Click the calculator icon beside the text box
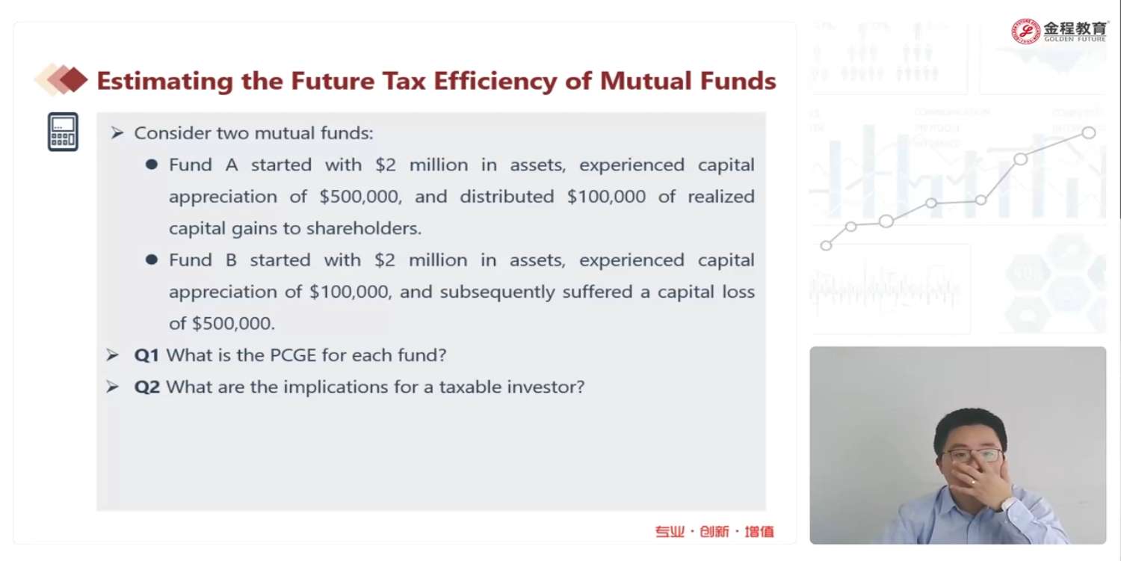(x=63, y=132)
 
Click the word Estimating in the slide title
(x=164, y=81)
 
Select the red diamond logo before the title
(x=61, y=79)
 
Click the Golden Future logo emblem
(x=1025, y=31)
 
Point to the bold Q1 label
(x=146, y=355)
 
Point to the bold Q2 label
(x=146, y=387)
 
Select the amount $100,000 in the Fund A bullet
(x=606, y=197)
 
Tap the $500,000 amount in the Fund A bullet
(x=360, y=197)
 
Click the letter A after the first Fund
(x=231, y=165)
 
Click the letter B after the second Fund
(x=231, y=260)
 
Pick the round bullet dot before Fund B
(x=152, y=260)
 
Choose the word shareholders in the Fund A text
(x=364, y=228)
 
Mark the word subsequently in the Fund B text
(x=497, y=292)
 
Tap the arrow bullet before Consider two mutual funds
(x=117, y=132)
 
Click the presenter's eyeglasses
(x=974, y=456)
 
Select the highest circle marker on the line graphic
(x=1088, y=132)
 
